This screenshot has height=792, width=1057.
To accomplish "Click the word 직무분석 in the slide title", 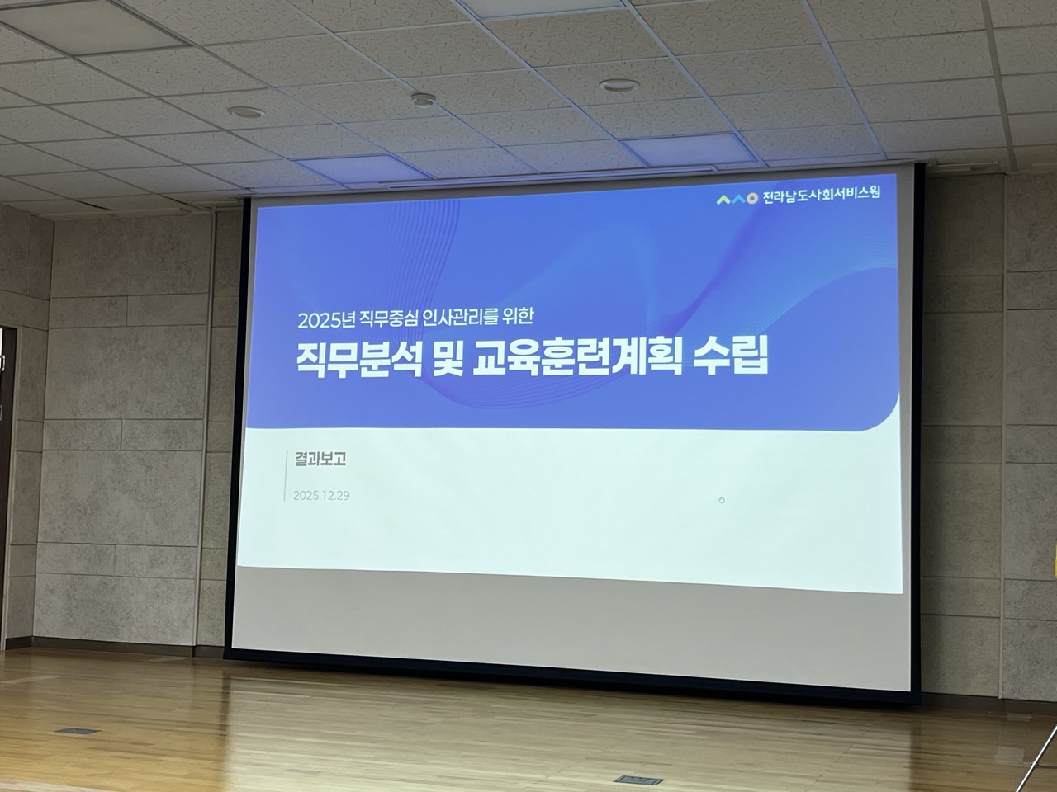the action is [x=359, y=360].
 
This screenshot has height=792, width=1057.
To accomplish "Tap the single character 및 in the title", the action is [x=451, y=360].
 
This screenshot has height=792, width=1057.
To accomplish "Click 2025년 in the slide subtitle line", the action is [x=326, y=320].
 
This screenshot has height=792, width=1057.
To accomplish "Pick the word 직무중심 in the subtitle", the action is [x=386, y=318].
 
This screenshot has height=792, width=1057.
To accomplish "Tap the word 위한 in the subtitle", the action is [x=517, y=317].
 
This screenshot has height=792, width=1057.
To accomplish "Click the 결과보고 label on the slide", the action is [x=320, y=460].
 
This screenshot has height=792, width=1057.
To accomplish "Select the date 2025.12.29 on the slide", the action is [x=321, y=496].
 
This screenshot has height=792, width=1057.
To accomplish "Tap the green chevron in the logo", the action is [x=723, y=200].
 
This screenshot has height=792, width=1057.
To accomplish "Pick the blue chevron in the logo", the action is [x=738, y=199].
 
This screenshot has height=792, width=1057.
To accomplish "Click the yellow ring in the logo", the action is [x=752, y=199].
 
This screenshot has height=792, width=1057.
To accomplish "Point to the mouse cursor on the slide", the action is [x=722, y=501].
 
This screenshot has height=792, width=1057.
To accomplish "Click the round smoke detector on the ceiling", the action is [x=424, y=99].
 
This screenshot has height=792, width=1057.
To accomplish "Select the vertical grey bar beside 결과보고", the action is [x=286, y=477].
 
